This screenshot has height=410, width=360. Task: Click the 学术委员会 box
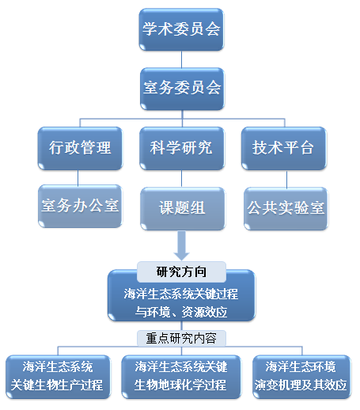[x=181, y=29]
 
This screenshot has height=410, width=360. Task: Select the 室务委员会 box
[x=182, y=89]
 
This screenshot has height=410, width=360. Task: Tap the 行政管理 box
[x=80, y=148]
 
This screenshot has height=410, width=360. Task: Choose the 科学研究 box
[x=182, y=148]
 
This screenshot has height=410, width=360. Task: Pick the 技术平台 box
[x=284, y=148]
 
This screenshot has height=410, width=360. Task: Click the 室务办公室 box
[x=80, y=207]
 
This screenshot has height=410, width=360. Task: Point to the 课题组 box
[x=183, y=208]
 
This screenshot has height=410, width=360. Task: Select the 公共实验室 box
[x=286, y=208]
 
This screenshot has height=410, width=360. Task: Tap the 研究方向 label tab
[x=181, y=271]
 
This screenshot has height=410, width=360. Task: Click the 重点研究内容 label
[x=181, y=338]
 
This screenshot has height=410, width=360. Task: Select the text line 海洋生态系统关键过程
[x=181, y=294]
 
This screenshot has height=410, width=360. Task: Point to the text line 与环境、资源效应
[x=181, y=312]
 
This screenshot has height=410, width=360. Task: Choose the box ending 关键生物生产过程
[x=58, y=377]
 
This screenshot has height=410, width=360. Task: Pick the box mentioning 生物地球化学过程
[x=181, y=377]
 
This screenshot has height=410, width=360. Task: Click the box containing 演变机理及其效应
[x=301, y=377]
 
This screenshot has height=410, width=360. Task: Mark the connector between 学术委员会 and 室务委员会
[x=181, y=59]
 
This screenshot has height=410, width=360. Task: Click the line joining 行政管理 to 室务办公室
[x=78, y=178]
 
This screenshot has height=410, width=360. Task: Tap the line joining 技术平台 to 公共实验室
[x=286, y=179]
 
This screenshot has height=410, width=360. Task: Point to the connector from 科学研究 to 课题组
[x=181, y=178]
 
